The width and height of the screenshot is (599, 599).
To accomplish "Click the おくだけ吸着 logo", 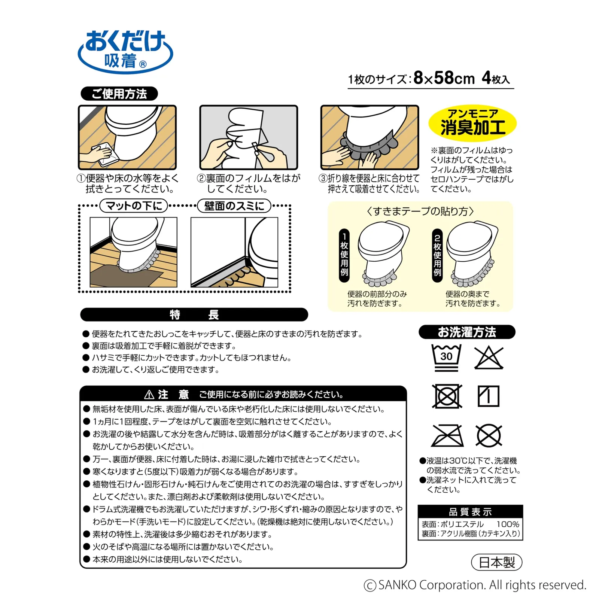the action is pyautogui.click(x=125, y=51).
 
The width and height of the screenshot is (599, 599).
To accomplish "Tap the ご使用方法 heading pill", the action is pyautogui.click(x=119, y=94).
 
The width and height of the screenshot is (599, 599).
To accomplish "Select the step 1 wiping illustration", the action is pyautogui.click(x=127, y=137).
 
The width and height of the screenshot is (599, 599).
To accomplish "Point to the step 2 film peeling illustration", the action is pyautogui.click(x=249, y=137).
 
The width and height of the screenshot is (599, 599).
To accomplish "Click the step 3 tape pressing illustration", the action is pyautogui.click(x=370, y=137).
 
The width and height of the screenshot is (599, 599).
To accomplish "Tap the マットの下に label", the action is pyautogui.click(x=134, y=206).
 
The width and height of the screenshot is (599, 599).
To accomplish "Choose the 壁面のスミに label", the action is pyautogui.click(x=234, y=206).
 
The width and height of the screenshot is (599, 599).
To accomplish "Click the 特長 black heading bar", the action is pyautogui.click(x=194, y=314).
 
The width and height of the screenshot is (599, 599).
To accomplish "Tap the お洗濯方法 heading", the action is pyautogui.click(x=467, y=332).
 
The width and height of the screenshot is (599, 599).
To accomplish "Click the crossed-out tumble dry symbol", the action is pyautogui.click(x=447, y=396).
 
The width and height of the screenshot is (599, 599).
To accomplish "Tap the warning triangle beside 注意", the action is pyautogui.click(x=149, y=394).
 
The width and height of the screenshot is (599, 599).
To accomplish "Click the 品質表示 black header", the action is pyautogui.click(x=470, y=512).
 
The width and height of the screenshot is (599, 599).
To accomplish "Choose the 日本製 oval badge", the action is pyautogui.click(x=496, y=562).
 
